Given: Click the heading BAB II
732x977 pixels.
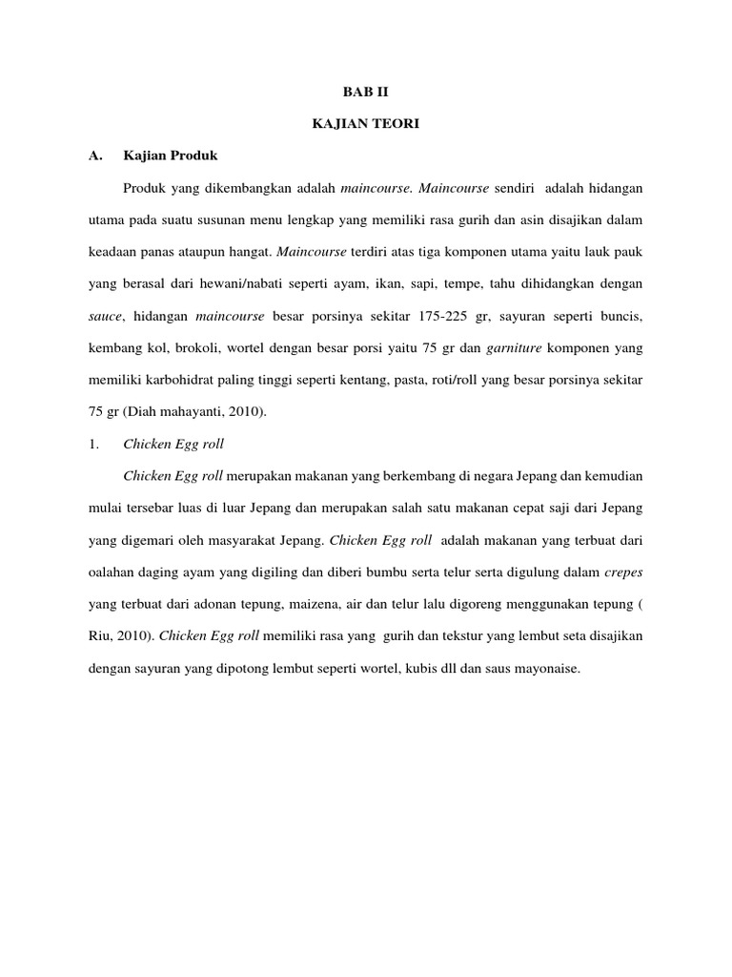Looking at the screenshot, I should [365, 93].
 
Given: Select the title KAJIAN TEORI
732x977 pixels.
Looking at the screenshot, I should [365, 123].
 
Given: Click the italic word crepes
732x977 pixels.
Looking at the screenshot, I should [622, 572].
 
